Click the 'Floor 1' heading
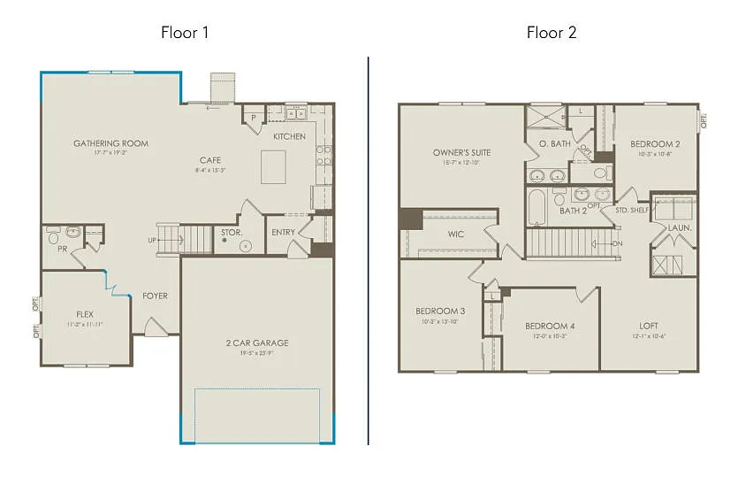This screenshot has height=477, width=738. pos(184,33)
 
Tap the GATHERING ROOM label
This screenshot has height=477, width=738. pos(110,143)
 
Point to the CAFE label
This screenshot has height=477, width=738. pos(209,160)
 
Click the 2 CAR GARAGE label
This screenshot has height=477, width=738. pos(257,343)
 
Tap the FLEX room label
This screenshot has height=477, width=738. pos(85,314)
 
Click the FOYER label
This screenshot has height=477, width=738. pos(156,296)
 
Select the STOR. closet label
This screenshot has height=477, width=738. pos(230,233)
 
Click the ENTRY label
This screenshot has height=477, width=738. pos(284,233)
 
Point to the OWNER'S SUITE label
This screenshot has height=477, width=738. pos(461,152)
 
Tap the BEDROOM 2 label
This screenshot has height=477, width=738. pos(655,143)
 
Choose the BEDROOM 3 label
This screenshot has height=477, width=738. pos(440,311)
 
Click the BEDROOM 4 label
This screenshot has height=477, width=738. pos(550,326)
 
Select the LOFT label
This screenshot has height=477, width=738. pos(648,326)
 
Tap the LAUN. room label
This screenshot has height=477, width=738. pos(680,228)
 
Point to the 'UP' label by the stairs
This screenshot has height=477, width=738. pos(153,240)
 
